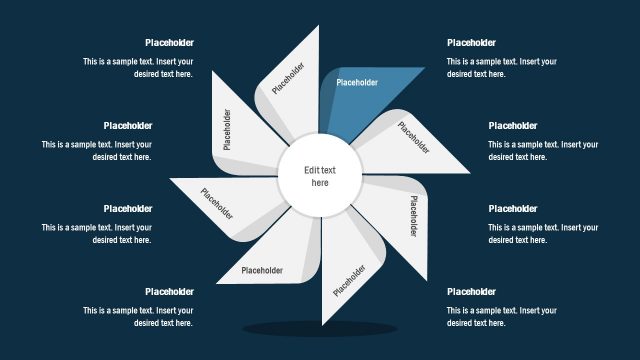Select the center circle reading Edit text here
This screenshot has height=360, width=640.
click(x=320, y=177)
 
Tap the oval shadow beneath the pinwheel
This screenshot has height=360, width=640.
click(x=320, y=328)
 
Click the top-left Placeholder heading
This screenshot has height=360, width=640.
click(x=169, y=43)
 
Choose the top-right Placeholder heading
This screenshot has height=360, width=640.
click(x=471, y=43)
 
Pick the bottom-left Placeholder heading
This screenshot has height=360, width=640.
click(x=169, y=292)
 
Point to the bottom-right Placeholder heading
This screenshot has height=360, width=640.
click(x=471, y=292)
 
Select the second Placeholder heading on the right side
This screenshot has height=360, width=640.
click(x=513, y=126)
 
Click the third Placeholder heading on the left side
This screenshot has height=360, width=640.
click(x=128, y=209)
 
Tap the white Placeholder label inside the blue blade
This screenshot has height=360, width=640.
click(x=357, y=83)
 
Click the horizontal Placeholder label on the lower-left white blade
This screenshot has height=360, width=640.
click(x=262, y=270)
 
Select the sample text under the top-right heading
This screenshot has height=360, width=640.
click(x=502, y=68)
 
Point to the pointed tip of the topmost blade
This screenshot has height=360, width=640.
click(x=318, y=27)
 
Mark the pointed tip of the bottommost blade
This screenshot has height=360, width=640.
click(x=322, y=324)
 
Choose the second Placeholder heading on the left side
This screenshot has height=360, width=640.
click(x=128, y=126)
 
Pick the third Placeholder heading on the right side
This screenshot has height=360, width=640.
click(x=513, y=209)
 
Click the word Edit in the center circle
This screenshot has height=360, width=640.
click(x=313, y=170)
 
